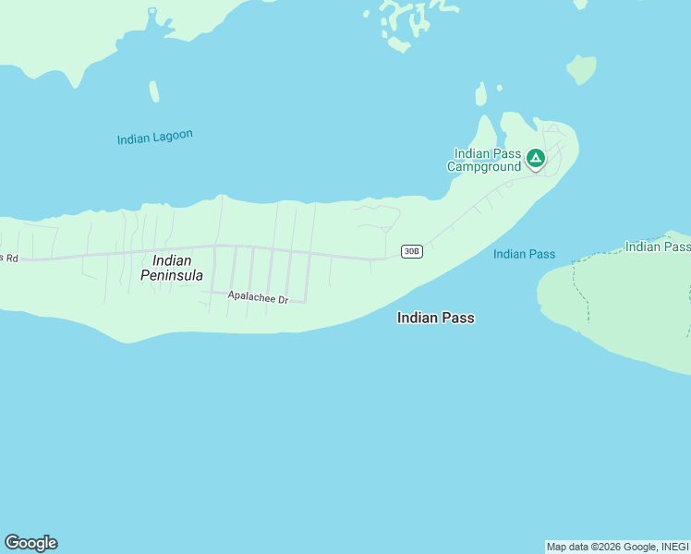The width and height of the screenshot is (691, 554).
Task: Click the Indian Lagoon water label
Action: (155, 137)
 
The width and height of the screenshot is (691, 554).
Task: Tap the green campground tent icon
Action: (535, 159)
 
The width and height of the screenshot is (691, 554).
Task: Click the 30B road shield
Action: (412, 251)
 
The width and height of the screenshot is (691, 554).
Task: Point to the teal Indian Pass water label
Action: (524, 254)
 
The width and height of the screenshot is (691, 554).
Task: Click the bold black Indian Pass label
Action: (435, 318)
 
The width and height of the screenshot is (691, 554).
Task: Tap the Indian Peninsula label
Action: (172, 268)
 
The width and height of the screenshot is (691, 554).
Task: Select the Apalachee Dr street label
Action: (258, 299)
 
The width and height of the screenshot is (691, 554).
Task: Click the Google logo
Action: (30, 543)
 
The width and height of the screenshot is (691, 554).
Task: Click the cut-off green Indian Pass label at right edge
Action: (657, 247)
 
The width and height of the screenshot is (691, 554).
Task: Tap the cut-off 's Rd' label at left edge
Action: (8, 258)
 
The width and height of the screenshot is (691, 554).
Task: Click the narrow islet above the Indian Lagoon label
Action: (154, 91)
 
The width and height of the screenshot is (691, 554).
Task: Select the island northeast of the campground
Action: (581, 68)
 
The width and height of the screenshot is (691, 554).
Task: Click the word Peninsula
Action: (172, 275)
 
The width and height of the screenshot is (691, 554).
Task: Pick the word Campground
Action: (484, 167)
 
